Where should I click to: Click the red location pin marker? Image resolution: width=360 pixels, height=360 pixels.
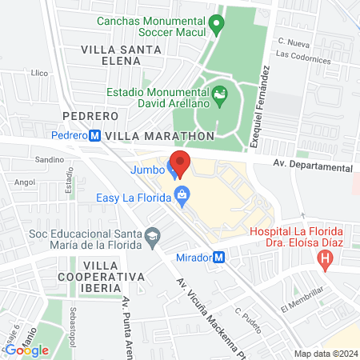[181, 163]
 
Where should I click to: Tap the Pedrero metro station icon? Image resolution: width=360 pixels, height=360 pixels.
[95, 136]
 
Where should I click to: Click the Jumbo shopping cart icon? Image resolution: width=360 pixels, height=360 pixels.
[172, 169]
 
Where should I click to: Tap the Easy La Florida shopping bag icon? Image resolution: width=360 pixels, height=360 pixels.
[184, 194]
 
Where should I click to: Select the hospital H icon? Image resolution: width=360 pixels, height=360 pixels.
[325, 258]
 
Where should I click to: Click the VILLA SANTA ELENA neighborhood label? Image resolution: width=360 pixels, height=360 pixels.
[121, 55]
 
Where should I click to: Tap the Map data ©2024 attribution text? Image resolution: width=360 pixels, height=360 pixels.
[325, 354]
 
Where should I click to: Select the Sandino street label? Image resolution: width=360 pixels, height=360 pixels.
[49, 160]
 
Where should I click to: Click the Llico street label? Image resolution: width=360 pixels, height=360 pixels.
[40, 72]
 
